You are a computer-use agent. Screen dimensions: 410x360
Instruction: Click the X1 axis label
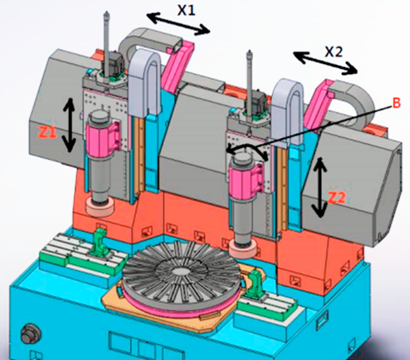pos(186,10)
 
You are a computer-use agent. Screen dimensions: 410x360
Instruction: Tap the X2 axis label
pos(334,52)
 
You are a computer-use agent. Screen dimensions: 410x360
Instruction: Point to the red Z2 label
pos(337,198)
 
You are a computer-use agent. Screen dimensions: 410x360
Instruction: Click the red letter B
pos(396,103)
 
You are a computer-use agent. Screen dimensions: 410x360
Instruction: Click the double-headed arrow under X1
pos(178,24)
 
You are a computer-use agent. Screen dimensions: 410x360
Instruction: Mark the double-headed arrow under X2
pos(325,63)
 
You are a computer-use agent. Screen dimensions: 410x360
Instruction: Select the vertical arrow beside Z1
pos(70,125)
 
